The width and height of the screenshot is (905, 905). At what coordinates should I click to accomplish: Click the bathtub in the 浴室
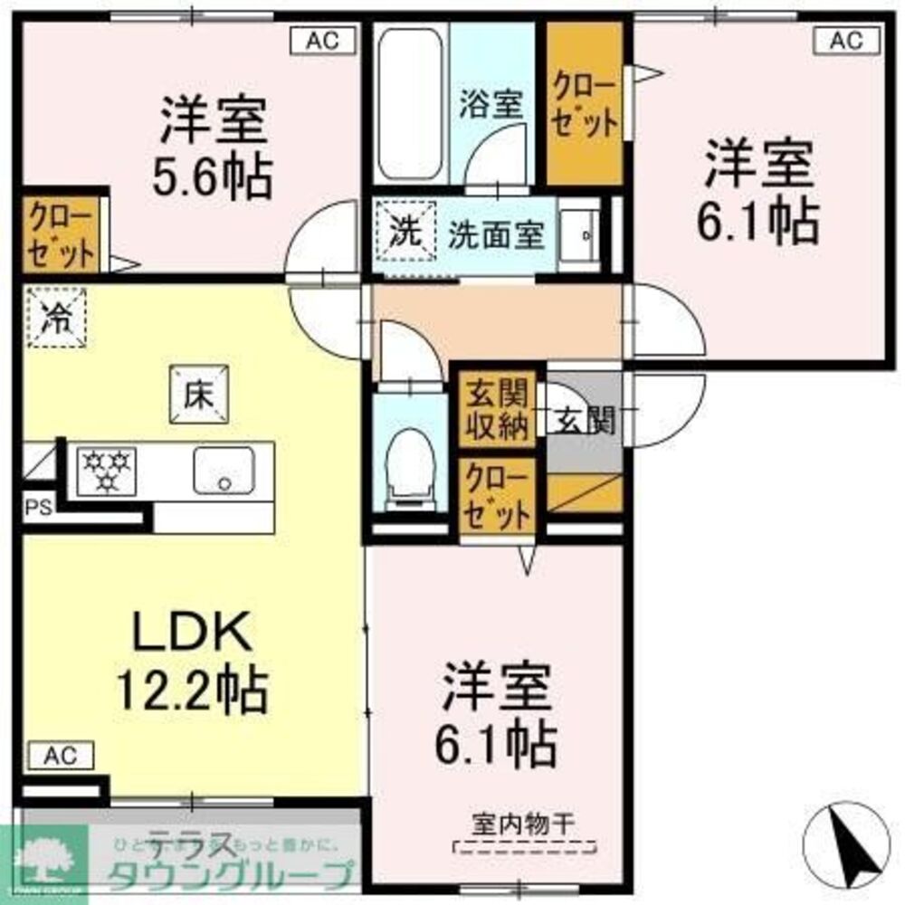(x=410, y=104)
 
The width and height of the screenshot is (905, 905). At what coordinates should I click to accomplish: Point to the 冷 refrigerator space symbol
(x=57, y=318)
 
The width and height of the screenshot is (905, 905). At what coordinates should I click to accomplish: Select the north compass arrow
(x=851, y=846)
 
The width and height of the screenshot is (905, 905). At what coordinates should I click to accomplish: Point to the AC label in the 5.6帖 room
(x=321, y=41)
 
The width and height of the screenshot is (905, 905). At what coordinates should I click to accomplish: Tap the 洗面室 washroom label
(x=497, y=235)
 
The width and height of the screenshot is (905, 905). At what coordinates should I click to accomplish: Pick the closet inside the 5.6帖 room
(x=61, y=233)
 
